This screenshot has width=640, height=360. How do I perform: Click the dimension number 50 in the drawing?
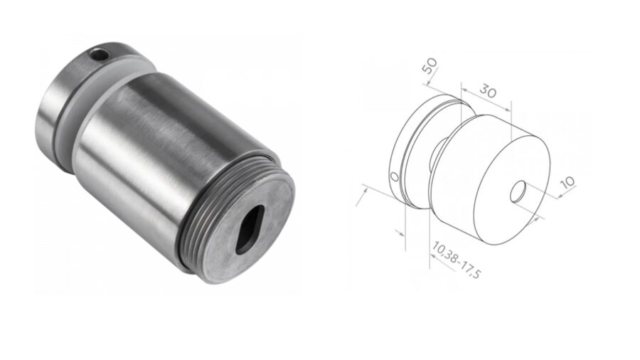pyautogui.click(x=429, y=68)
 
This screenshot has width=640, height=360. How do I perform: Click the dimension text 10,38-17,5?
pyautogui.click(x=456, y=260)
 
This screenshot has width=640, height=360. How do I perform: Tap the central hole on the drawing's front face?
pyautogui.click(x=519, y=191)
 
